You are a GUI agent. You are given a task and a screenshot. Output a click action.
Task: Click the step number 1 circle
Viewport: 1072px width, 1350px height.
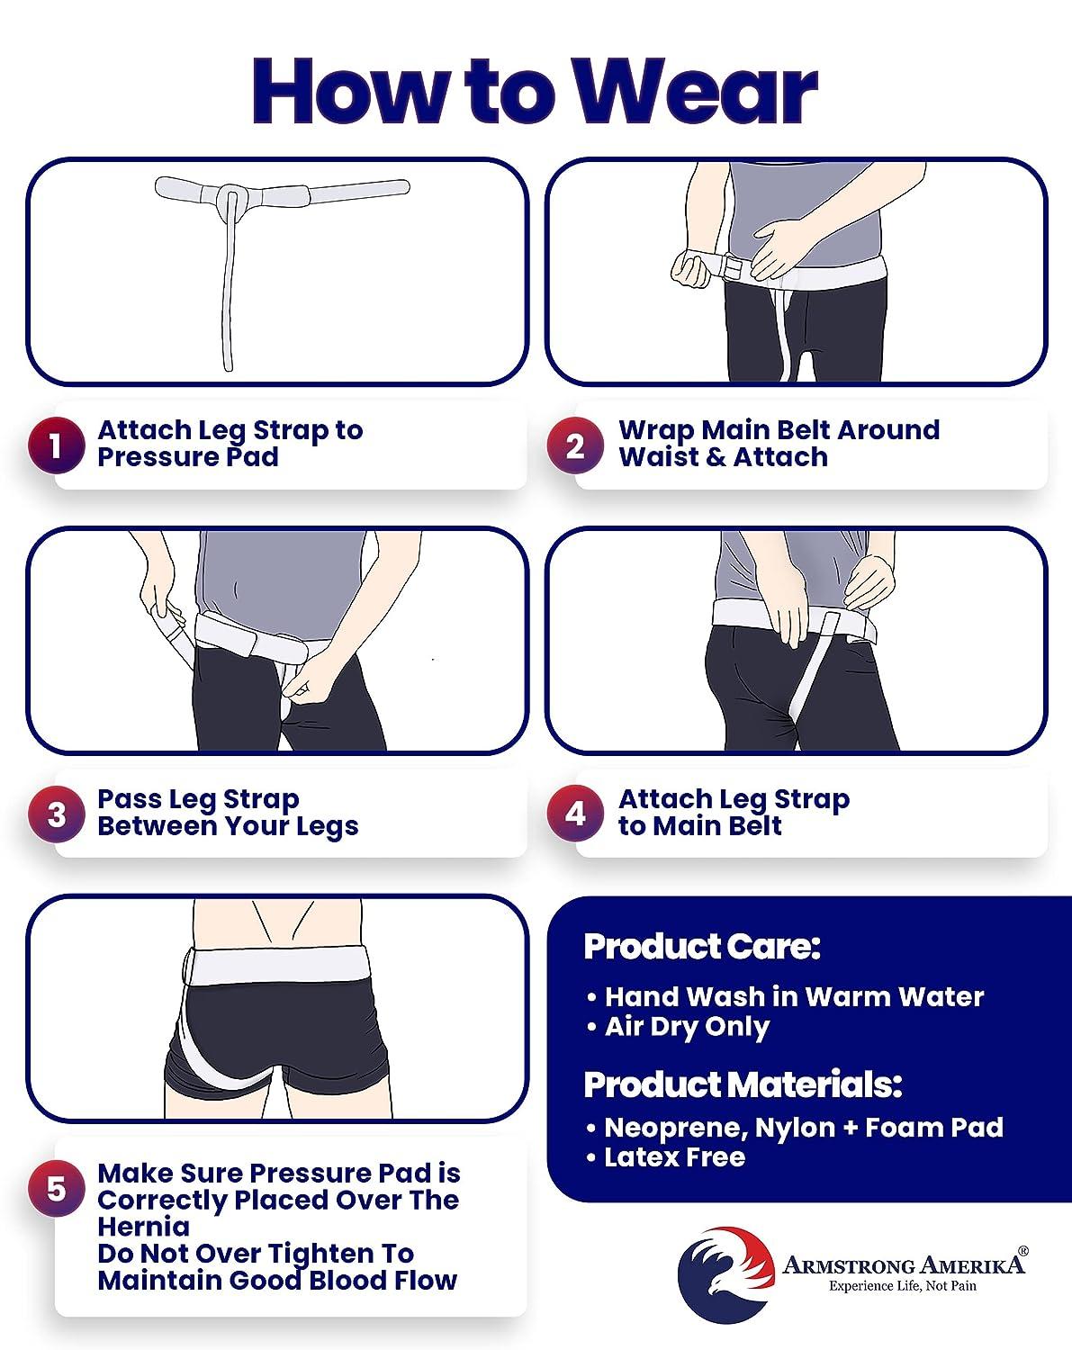click(x=56, y=445)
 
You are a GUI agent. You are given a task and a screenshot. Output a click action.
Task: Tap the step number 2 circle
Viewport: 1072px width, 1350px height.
click(x=576, y=445)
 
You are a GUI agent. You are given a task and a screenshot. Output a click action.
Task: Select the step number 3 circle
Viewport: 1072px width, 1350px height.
click(x=56, y=814)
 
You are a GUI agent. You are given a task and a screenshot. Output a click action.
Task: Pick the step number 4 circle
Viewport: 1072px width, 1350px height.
click(x=576, y=814)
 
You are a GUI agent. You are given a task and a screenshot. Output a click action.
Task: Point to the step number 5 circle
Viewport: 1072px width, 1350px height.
click(x=56, y=1189)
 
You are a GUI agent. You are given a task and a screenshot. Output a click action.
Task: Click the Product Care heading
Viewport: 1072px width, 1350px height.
click(x=702, y=947)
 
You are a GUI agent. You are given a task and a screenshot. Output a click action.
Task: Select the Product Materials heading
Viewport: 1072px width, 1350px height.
click(x=743, y=1084)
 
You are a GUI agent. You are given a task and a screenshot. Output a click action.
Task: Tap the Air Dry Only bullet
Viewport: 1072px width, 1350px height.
click(x=686, y=1027)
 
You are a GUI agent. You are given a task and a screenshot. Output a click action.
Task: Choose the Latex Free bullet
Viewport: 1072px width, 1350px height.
click(x=674, y=1156)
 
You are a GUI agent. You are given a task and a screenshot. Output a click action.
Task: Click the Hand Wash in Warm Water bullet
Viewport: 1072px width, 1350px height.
click(x=793, y=996)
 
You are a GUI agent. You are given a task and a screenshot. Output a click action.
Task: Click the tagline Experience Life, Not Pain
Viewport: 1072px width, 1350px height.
click(x=902, y=1285)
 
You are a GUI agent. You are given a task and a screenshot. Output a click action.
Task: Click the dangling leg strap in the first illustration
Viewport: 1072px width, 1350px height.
click(x=227, y=297)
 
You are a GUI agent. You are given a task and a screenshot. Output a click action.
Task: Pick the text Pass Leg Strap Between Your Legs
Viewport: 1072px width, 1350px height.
click(x=228, y=813)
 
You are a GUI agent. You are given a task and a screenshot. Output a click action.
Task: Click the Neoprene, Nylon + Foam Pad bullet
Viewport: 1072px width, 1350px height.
click(x=803, y=1127)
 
